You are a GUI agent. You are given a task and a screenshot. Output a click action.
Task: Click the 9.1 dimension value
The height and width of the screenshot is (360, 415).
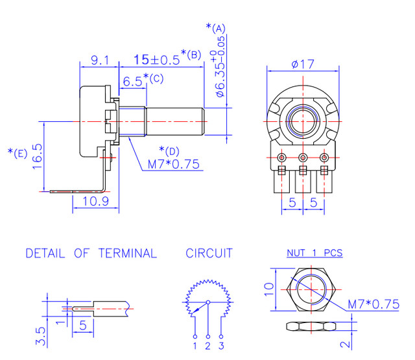(x=99, y=60)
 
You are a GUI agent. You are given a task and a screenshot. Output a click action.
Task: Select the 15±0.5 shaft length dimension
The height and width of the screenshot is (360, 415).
(x=156, y=60)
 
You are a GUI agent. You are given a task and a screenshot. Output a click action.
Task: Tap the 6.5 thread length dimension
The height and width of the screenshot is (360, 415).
(x=132, y=82)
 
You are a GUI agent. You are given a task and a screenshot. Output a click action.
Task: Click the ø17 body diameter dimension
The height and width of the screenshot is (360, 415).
(x=303, y=64)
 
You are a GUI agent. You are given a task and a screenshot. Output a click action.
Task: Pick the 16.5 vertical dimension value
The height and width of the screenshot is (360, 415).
(x=38, y=154)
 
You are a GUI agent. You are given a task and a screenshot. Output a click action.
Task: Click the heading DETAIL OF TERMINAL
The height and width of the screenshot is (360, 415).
(x=91, y=254)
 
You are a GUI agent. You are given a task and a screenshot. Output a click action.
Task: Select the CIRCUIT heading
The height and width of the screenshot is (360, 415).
(x=209, y=254)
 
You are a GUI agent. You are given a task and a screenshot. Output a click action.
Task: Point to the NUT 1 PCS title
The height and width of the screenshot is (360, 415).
(x=314, y=253)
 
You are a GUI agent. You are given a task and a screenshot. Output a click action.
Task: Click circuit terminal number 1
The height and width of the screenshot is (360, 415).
(x=195, y=346)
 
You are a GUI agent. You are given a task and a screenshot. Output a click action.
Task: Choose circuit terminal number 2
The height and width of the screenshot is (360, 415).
(x=208, y=346)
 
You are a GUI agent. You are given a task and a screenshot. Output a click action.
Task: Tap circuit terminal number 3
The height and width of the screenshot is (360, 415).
(x=222, y=346)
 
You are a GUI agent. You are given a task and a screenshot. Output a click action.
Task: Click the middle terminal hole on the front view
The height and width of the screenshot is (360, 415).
(x=303, y=158)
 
